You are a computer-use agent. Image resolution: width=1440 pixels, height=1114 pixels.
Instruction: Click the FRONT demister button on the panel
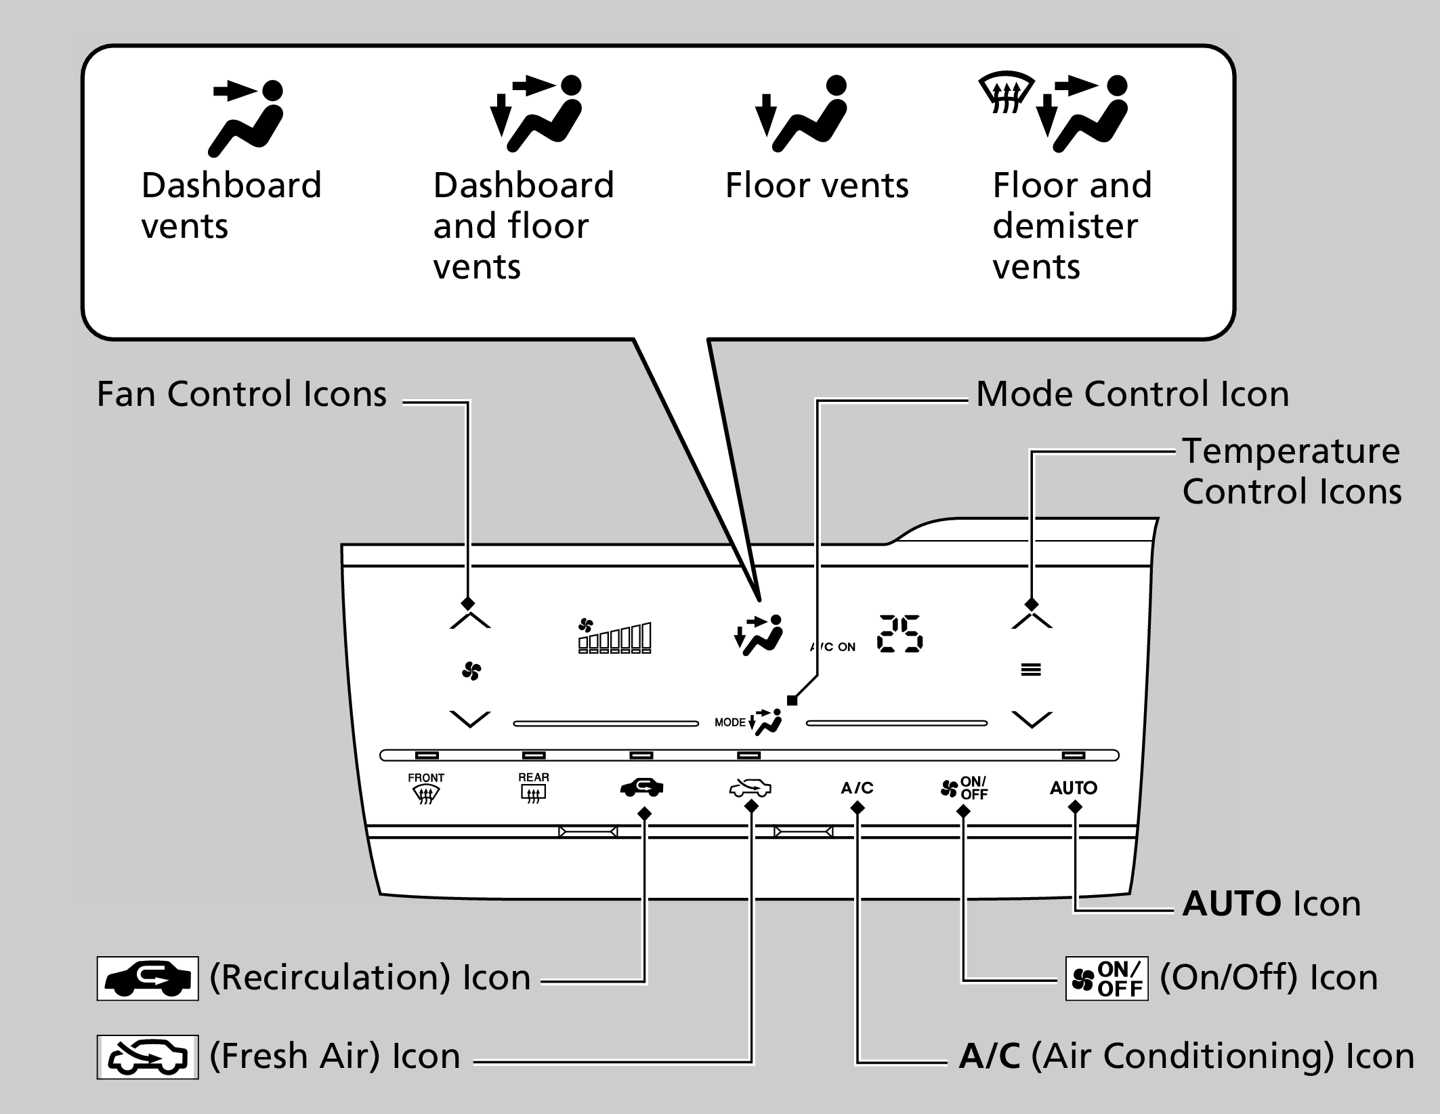pyautogui.click(x=426, y=788)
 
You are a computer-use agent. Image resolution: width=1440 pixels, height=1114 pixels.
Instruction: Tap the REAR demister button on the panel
pyautogui.click(x=534, y=787)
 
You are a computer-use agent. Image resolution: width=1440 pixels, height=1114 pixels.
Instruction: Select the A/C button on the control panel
pyautogui.click(x=857, y=788)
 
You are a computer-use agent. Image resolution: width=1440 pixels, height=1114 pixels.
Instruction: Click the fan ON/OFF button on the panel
pyautogui.click(x=964, y=788)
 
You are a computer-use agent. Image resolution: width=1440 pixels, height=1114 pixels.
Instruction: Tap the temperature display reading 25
pyautogui.click(x=899, y=634)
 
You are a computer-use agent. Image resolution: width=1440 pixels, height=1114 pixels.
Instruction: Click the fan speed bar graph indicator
pyautogui.click(x=614, y=637)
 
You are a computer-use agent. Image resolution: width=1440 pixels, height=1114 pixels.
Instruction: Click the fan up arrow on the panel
pyautogui.click(x=469, y=619)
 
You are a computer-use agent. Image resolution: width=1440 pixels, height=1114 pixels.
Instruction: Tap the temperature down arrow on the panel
pyautogui.click(x=1031, y=719)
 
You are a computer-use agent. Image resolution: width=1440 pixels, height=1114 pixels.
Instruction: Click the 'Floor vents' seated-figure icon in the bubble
pyautogui.click(x=803, y=114)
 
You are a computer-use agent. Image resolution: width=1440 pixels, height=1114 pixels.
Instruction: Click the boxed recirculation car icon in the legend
pyautogui.click(x=148, y=978)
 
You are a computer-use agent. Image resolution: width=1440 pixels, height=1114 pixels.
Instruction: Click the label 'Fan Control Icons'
pyautogui.click(x=242, y=394)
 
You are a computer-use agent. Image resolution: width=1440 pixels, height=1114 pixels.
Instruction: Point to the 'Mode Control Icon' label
pyautogui.click(x=1132, y=394)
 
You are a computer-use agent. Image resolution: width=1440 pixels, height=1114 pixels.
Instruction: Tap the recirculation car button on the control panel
pyautogui.click(x=641, y=787)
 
